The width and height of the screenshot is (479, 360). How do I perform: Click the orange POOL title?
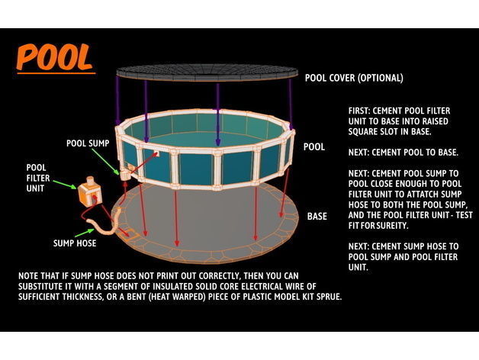pos(55,58)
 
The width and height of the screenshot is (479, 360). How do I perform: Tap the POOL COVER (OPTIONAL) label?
pos(354,78)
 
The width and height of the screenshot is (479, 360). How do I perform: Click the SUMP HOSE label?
pos(74,244)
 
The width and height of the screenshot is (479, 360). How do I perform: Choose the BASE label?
pos(317,217)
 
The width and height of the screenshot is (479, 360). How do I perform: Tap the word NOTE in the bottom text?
pos(31,274)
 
